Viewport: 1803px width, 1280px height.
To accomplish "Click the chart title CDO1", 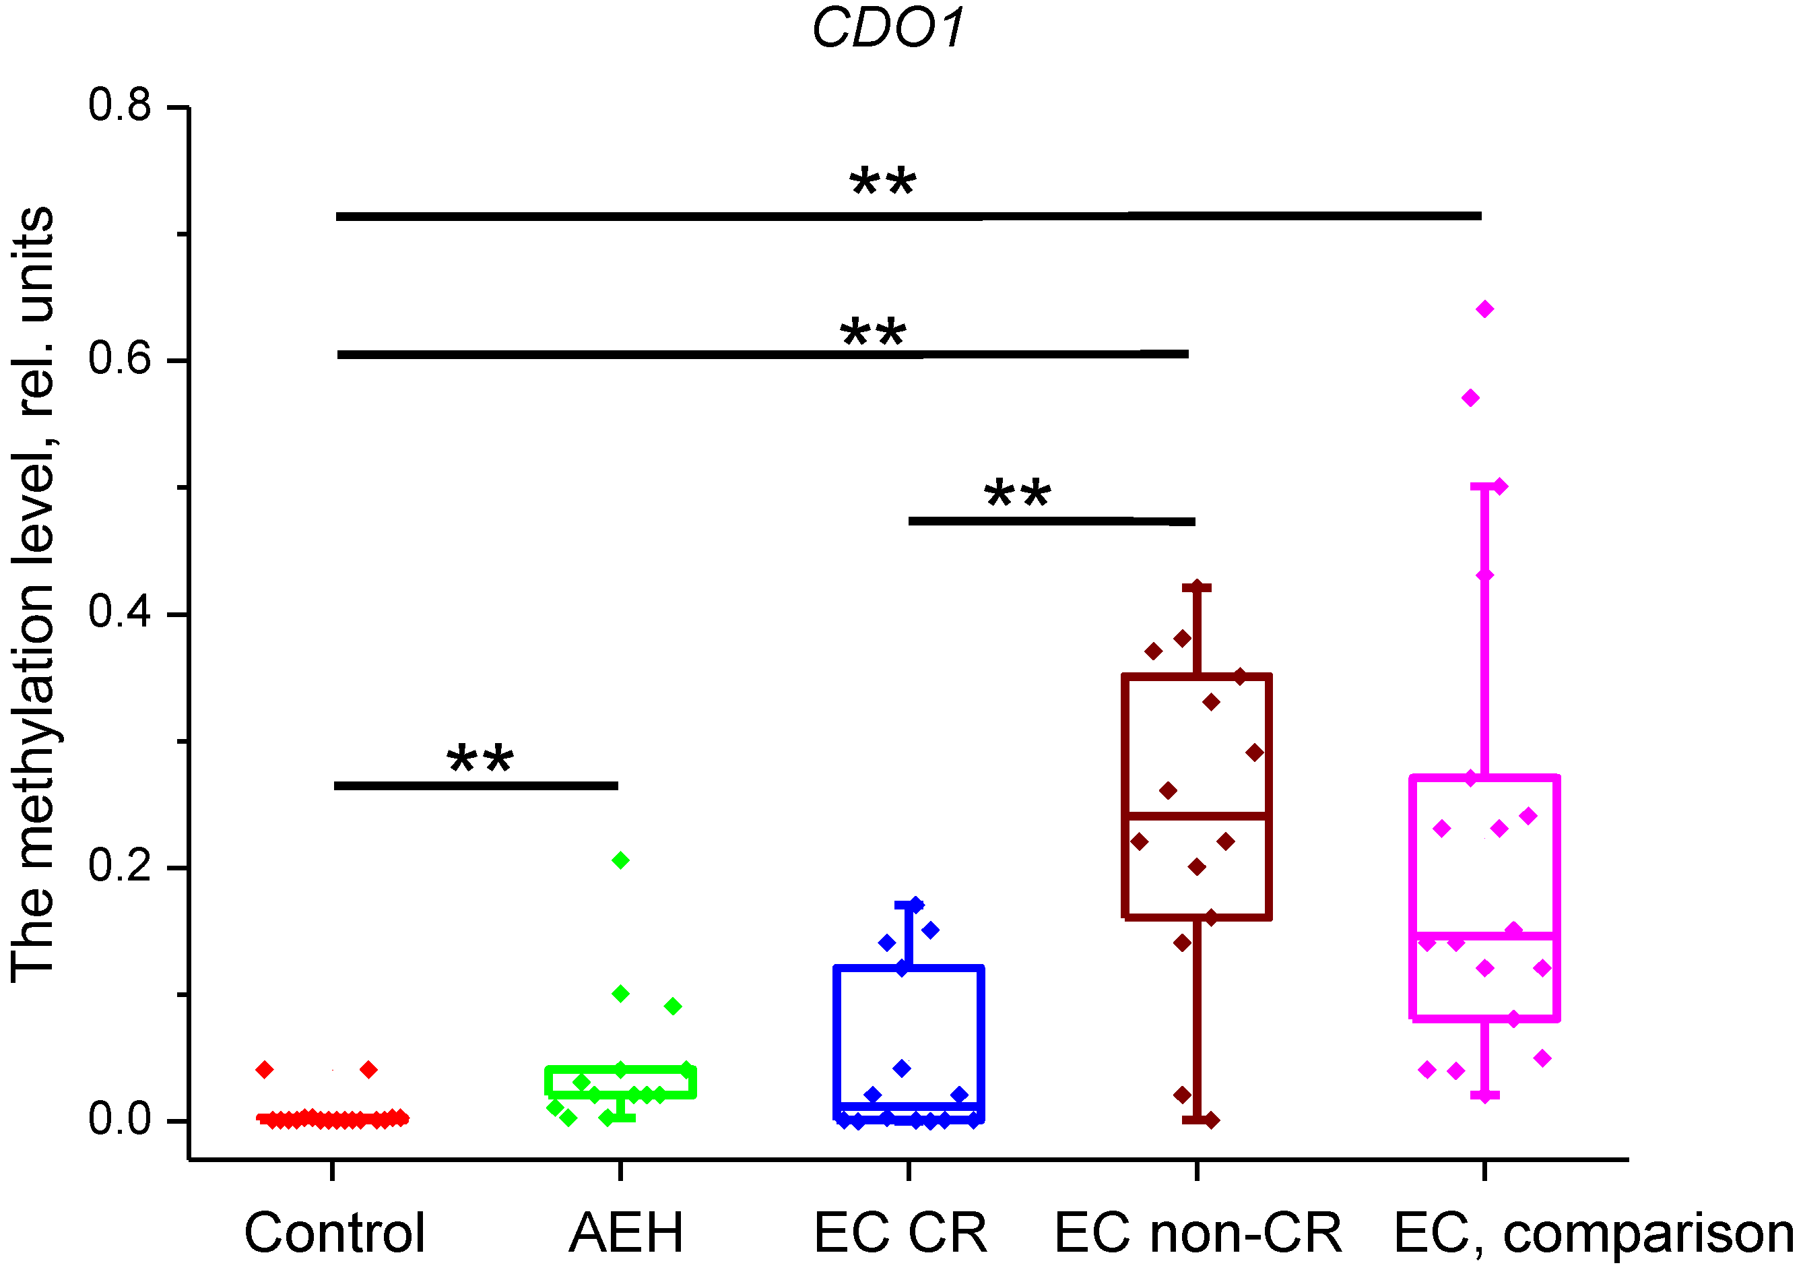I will pyautogui.click(x=888, y=28).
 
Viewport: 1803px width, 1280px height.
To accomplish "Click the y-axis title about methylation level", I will pyautogui.click(x=33, y=595).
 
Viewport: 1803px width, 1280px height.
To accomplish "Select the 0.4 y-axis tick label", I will pyautogui.click(x=120, y=612).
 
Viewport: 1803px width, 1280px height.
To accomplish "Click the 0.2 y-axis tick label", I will pyautogui.click(x=120, y=866).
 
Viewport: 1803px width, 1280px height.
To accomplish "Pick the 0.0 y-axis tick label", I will pyautogui.click(x=120, y=1119).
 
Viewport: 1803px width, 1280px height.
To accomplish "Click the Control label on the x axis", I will pyautogui.click(x=334, y=1234).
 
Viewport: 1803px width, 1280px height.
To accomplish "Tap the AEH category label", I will pyautogui.click(x=626, y=1234).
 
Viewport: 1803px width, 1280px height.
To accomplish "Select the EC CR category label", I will pyautogui.click(x=900, y=1234).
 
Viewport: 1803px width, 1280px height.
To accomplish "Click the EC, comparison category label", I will pyautogui.click(x=1594, y=1234).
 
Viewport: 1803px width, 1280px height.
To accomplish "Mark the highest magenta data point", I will pyautogui.click(x=1484, y=309).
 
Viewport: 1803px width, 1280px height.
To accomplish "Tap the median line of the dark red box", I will pyautogui.click(x=1197, y=816).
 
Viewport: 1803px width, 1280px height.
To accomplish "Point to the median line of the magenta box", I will pyautogui.click(x=1484, y=936).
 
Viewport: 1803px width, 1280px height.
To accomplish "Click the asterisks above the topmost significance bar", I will pyautogui.click(x=882, y=183).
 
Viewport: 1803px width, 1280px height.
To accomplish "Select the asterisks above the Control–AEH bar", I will pyautogui.click(x=480, y=761).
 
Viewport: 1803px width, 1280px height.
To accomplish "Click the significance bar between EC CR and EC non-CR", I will pyautogui.click(x=1051, y=521).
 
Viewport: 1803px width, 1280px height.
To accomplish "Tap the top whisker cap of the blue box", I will pyautogui.click(x=909, y=905).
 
